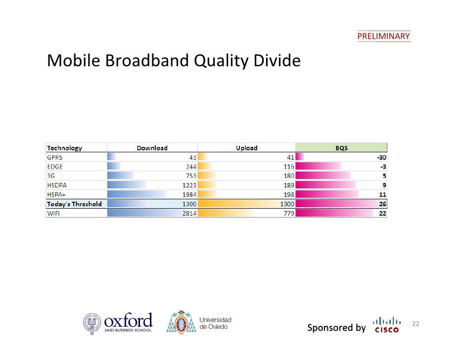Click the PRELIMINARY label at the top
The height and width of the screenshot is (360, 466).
(x=383, y=36)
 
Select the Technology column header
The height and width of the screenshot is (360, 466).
(x=64, y=148)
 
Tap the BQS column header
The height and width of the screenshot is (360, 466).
(x=341, y=148)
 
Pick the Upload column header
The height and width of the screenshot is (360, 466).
(x=246, y=148)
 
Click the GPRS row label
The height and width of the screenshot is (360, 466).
(x=55, y=157)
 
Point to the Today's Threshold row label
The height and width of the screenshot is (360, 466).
(x=74, y=204)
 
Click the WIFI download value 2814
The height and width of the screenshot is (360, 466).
(x=189, y=213)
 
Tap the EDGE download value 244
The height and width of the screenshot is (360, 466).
(x=191, y=166)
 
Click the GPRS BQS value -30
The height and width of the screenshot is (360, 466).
(x=381, y=157)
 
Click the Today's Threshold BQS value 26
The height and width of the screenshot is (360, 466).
(x=382, y=204)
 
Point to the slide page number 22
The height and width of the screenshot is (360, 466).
(x=416, y=324)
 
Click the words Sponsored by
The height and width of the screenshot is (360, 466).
(x=336, y=328)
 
